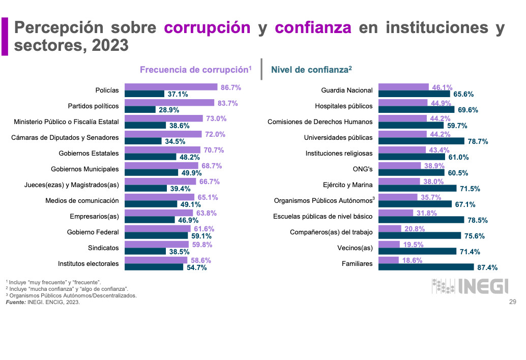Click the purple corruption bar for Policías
(171, 87)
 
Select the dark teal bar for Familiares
(425, 267)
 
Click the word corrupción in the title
(207, 27)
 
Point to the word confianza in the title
(313, 27)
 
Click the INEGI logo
(470, 286)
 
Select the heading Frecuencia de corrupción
(196, 70)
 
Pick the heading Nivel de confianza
(312, 70)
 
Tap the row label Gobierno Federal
(93, 232)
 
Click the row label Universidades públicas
(338, 137)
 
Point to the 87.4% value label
(486, 267)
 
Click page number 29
(513, 303)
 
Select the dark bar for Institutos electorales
(154, 267)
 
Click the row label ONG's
(362, 169)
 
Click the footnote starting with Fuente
(43, 303)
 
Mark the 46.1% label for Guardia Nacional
(442, 87)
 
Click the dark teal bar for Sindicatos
(145, 251)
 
